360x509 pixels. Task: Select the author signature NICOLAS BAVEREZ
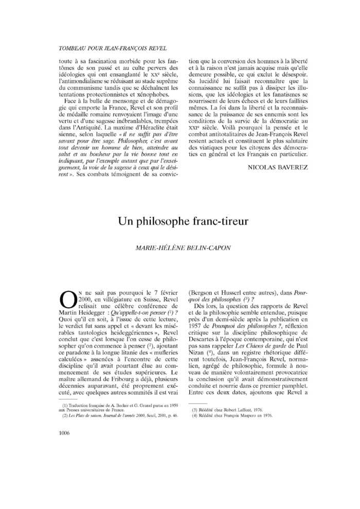point(278,168)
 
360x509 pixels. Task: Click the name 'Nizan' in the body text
point(199,348)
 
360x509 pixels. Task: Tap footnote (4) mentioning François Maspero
point(232,416)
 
